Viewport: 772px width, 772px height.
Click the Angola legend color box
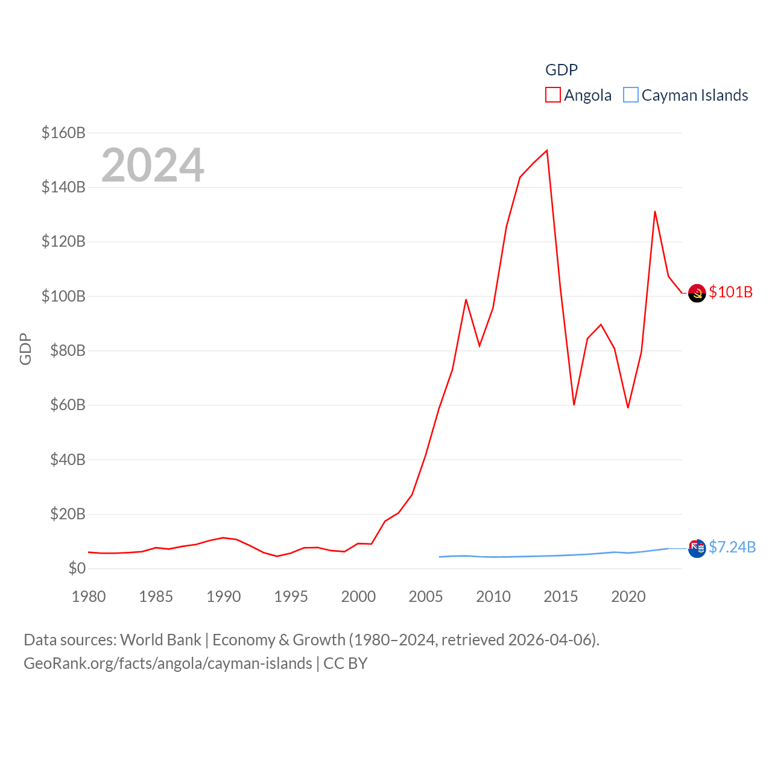[553, 95]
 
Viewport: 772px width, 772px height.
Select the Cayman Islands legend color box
[631, 95]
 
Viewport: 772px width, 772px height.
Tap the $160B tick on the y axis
[63, 133]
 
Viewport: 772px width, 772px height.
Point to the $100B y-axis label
[63, 296]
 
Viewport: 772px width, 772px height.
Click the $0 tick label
[77, 569]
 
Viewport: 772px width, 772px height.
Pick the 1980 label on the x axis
[89, 596]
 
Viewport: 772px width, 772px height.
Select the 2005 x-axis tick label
[426, 596]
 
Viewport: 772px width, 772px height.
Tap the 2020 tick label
[628, 596]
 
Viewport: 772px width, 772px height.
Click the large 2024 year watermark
[153, 165]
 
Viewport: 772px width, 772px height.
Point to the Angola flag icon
[697, 293]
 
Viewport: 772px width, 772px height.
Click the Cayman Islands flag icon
[697, 548]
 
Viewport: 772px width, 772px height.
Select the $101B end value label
[731, 292]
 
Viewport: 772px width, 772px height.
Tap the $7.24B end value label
[732, 547]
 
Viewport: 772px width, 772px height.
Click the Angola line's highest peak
[547, 151]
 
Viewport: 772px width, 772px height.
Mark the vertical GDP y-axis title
[25, 349]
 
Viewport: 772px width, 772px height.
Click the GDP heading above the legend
[562, 70]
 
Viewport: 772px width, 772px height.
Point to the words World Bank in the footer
[161, 640]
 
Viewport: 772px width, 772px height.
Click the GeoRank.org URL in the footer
[168, 663]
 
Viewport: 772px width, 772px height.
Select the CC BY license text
[346, 663]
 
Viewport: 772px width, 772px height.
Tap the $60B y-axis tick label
[63, 405]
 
